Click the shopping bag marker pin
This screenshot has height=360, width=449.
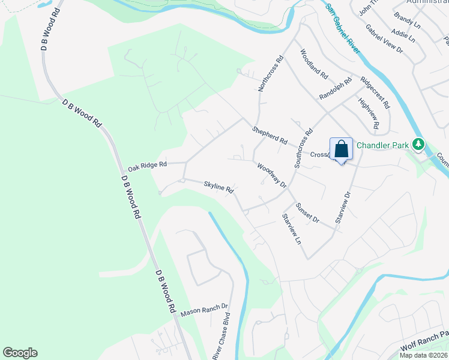pos(341,149)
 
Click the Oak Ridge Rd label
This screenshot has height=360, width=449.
pos(147,164)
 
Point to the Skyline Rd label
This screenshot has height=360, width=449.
pos(218,187)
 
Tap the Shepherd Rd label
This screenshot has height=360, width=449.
pos(270,136)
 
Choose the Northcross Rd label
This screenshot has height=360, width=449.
pos(270,74)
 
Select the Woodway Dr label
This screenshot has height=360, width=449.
pos(272,175)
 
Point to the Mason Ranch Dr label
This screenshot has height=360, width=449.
pos(205,309)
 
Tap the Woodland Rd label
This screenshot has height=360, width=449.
pos(313,64)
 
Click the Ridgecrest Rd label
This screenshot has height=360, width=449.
pos(375,92)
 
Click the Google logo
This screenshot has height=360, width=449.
pos(20,353)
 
